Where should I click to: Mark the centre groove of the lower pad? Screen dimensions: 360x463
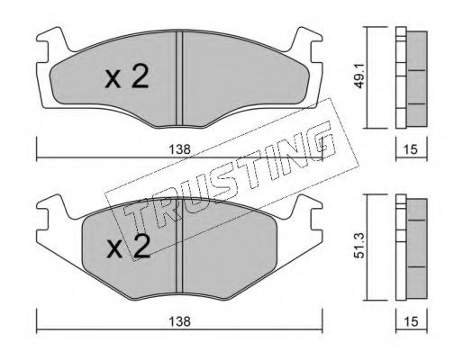pyautogui.click(x=180, y=253)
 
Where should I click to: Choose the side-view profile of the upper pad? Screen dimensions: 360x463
pyautogui.click(x=411, y=77)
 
